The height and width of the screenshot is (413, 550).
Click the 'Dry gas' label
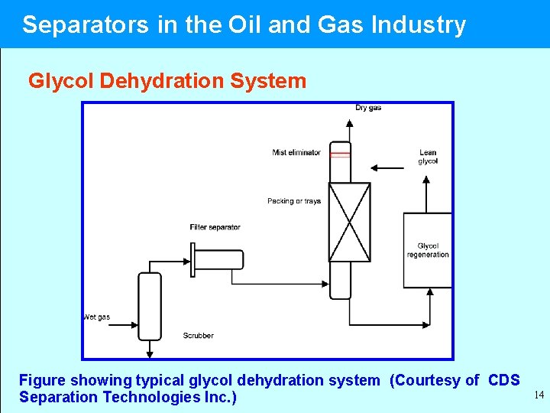368,108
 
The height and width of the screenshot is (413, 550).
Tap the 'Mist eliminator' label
296,153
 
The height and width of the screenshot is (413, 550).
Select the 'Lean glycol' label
428,157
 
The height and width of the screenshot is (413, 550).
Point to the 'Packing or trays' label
294,201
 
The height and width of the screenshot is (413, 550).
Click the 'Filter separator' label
215,227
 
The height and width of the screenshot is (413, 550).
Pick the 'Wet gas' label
97,317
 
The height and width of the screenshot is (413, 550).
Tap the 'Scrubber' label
199,336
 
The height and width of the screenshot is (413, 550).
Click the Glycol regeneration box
428,250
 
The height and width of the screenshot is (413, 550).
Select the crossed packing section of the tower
349,222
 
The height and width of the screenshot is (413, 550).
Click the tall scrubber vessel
150,306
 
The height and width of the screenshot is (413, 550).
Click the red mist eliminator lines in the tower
340,154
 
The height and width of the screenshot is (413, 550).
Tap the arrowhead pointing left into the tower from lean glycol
373,167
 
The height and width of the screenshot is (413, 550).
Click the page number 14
539,395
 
